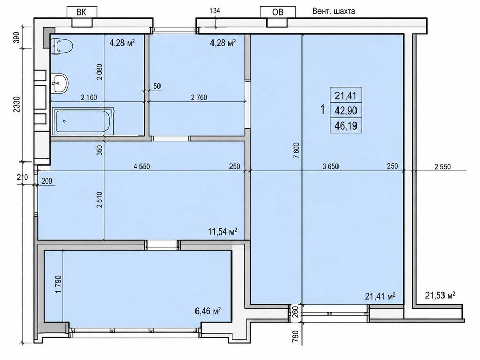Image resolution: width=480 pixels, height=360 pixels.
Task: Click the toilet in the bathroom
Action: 62,46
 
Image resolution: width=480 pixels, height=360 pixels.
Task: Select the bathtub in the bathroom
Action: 83,121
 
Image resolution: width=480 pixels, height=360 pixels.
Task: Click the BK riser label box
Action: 82,12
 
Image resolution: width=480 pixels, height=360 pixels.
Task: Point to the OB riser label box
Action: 278,12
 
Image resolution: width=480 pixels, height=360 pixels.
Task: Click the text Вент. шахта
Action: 334,12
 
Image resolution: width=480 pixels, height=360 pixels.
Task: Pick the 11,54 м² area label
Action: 223,231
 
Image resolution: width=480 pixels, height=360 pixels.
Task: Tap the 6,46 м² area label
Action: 208,311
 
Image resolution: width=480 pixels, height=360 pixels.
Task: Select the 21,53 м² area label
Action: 440,295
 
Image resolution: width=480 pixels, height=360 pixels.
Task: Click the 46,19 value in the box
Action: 346,125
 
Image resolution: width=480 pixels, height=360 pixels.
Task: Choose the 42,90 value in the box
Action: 346,111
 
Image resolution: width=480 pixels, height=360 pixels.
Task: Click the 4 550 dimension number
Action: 141,166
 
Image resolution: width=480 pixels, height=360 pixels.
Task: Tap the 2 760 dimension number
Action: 199,97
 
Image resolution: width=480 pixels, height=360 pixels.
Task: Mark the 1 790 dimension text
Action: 59,284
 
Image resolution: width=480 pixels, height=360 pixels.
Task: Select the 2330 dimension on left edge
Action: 17,104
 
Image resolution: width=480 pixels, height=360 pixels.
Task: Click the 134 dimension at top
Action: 215,11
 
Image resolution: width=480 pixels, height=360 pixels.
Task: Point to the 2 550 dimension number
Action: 442,166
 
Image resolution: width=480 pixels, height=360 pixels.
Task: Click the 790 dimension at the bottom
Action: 295,336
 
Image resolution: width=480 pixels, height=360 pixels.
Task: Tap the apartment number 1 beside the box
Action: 322,110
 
